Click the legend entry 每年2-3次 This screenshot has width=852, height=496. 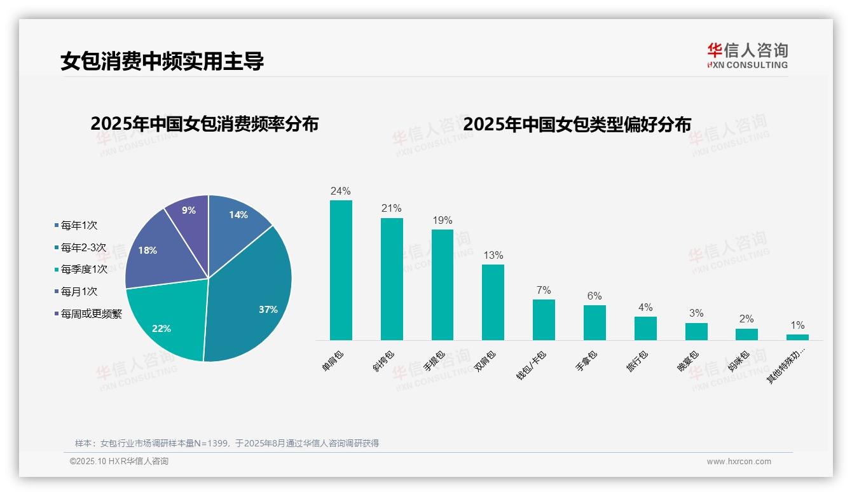83,247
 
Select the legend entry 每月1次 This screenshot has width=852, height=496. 79,291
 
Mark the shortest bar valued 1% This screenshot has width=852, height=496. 797,337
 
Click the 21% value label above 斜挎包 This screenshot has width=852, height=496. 392,208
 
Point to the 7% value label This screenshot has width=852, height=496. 544,290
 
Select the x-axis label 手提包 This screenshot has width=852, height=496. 434,361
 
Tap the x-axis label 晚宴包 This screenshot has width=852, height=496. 688,361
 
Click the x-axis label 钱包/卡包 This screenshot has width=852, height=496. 531,365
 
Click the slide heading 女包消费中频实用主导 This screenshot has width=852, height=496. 162,61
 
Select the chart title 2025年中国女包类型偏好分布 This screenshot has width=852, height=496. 577,124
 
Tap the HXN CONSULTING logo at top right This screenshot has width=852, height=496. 747,55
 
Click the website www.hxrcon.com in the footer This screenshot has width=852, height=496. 739,462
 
